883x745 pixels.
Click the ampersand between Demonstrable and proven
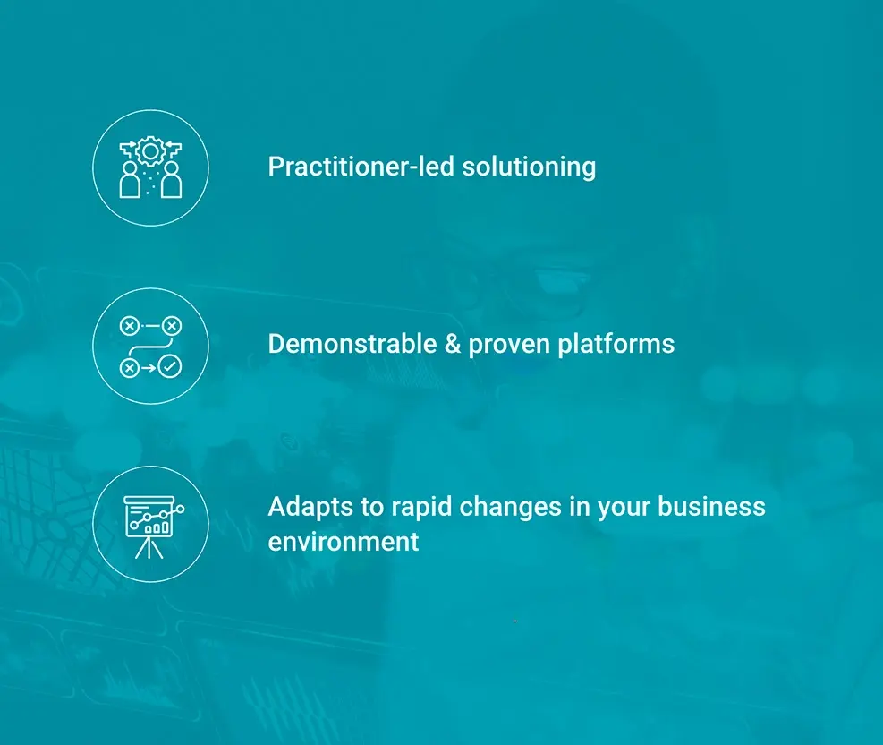(452, 344)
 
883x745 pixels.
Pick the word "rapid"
(421, 507)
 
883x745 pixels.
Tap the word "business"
(711, 506)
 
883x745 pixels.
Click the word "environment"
(344, 541)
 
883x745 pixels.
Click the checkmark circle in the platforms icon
(169, 367)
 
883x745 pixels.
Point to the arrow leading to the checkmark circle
(149, 367)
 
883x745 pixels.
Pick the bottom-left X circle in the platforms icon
(130, 367)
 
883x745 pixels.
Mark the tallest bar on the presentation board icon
(164, 527)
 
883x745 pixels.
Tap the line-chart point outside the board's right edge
(180, 509)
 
